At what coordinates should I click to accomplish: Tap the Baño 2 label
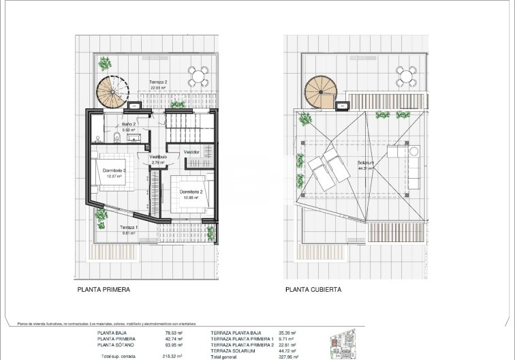129,125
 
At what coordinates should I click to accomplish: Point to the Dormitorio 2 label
192,192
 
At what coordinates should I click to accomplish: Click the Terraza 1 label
129,227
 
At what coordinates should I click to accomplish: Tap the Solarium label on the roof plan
366,163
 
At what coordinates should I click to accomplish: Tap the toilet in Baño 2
117,138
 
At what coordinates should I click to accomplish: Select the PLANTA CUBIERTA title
313,289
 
